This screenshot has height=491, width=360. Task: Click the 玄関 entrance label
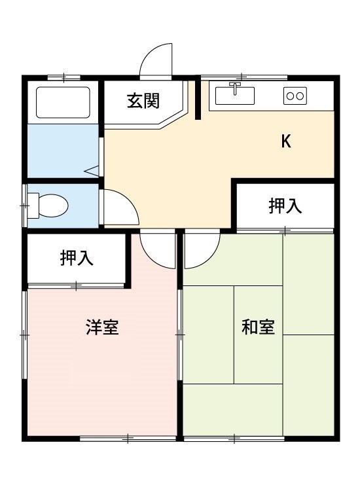144,101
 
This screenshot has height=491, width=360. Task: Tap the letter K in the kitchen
286,141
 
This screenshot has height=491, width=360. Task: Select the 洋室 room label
102,327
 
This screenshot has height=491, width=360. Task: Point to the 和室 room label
258,327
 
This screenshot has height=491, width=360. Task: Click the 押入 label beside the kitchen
285,206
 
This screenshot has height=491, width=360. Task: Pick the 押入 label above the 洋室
77,258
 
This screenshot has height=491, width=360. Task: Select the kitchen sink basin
235,96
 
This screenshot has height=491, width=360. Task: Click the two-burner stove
295,96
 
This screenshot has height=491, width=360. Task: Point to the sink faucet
235,86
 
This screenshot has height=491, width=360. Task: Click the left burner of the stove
291,96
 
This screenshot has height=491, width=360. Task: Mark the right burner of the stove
300,96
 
